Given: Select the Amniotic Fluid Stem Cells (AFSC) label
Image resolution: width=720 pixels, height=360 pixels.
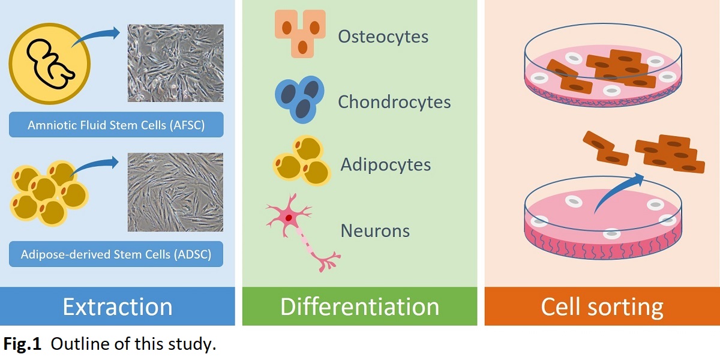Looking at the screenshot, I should click(116, 126).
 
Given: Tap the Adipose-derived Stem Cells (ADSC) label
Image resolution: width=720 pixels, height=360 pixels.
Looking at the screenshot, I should click(116, 254).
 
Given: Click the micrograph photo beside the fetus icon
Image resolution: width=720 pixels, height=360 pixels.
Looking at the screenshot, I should click(175, 63).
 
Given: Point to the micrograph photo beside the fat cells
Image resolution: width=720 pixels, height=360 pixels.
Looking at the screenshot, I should click(175, 192).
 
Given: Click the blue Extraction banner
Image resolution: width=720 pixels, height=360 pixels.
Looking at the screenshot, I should click(118, 307).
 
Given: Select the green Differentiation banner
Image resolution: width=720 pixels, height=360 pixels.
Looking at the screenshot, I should click(359, 307).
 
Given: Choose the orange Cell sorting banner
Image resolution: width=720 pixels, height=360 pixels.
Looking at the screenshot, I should click(602, 307).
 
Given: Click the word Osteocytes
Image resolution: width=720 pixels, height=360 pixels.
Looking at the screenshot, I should click(383, 37).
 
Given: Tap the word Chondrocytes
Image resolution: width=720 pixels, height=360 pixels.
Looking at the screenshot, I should click(394, 101).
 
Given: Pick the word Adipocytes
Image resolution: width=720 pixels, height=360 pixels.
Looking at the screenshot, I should click(385, 164).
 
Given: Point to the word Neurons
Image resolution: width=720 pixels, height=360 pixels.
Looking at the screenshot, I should click(375, 230).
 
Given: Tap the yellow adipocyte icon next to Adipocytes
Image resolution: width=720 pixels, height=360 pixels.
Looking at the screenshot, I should click(302, 161).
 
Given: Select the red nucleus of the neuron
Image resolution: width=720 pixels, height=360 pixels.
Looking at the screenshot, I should click(289, 218).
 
